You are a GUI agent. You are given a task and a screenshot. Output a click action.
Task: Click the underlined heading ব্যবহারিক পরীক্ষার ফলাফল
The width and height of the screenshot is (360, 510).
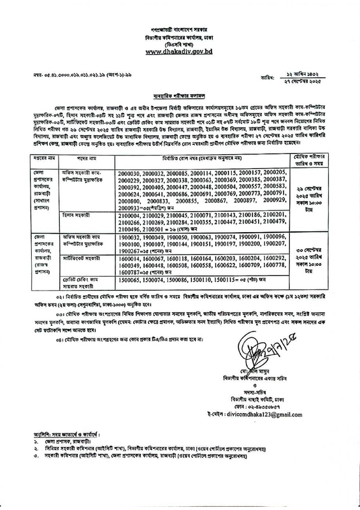(x=180, y=108)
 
